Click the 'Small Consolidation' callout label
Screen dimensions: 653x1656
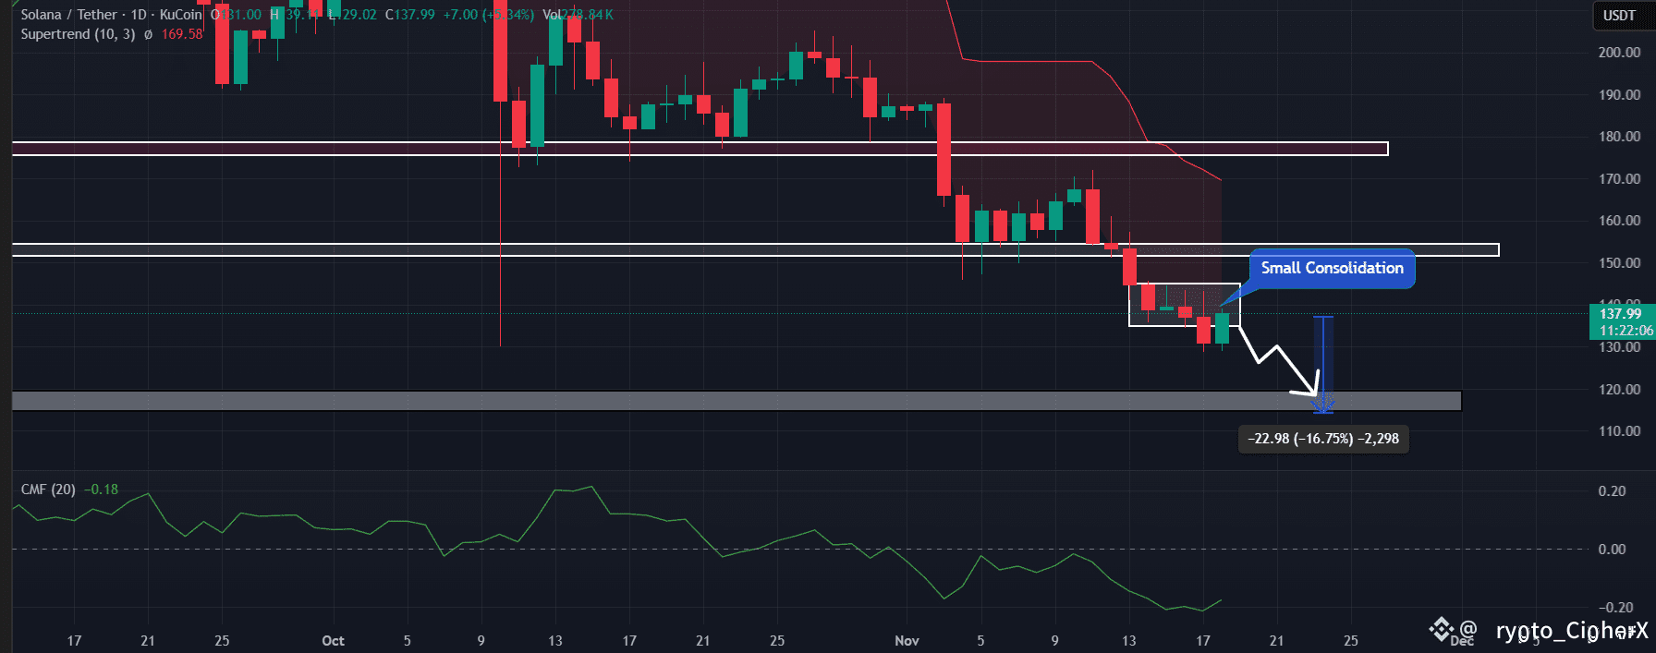1332,268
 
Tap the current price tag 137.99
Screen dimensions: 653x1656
1620,314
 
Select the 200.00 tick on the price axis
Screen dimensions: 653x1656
1619,53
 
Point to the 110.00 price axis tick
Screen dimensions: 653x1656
1619,431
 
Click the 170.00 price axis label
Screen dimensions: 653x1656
1619,179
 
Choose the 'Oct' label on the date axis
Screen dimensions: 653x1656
333,640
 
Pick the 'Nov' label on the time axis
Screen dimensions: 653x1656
907,640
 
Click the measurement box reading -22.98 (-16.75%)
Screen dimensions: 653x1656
1322,439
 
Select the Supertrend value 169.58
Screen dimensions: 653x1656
182,34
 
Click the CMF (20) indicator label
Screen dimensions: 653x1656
48,490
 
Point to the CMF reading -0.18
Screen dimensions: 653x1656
102,490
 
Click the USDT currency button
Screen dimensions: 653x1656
1619,15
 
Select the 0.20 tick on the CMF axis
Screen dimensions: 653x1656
1612,491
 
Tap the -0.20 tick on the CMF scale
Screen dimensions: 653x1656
1615,607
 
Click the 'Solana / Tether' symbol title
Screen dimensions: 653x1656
69,15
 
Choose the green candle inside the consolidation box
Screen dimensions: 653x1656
1222,329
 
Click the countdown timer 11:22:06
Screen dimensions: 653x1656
1626,331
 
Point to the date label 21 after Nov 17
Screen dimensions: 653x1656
1276,640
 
